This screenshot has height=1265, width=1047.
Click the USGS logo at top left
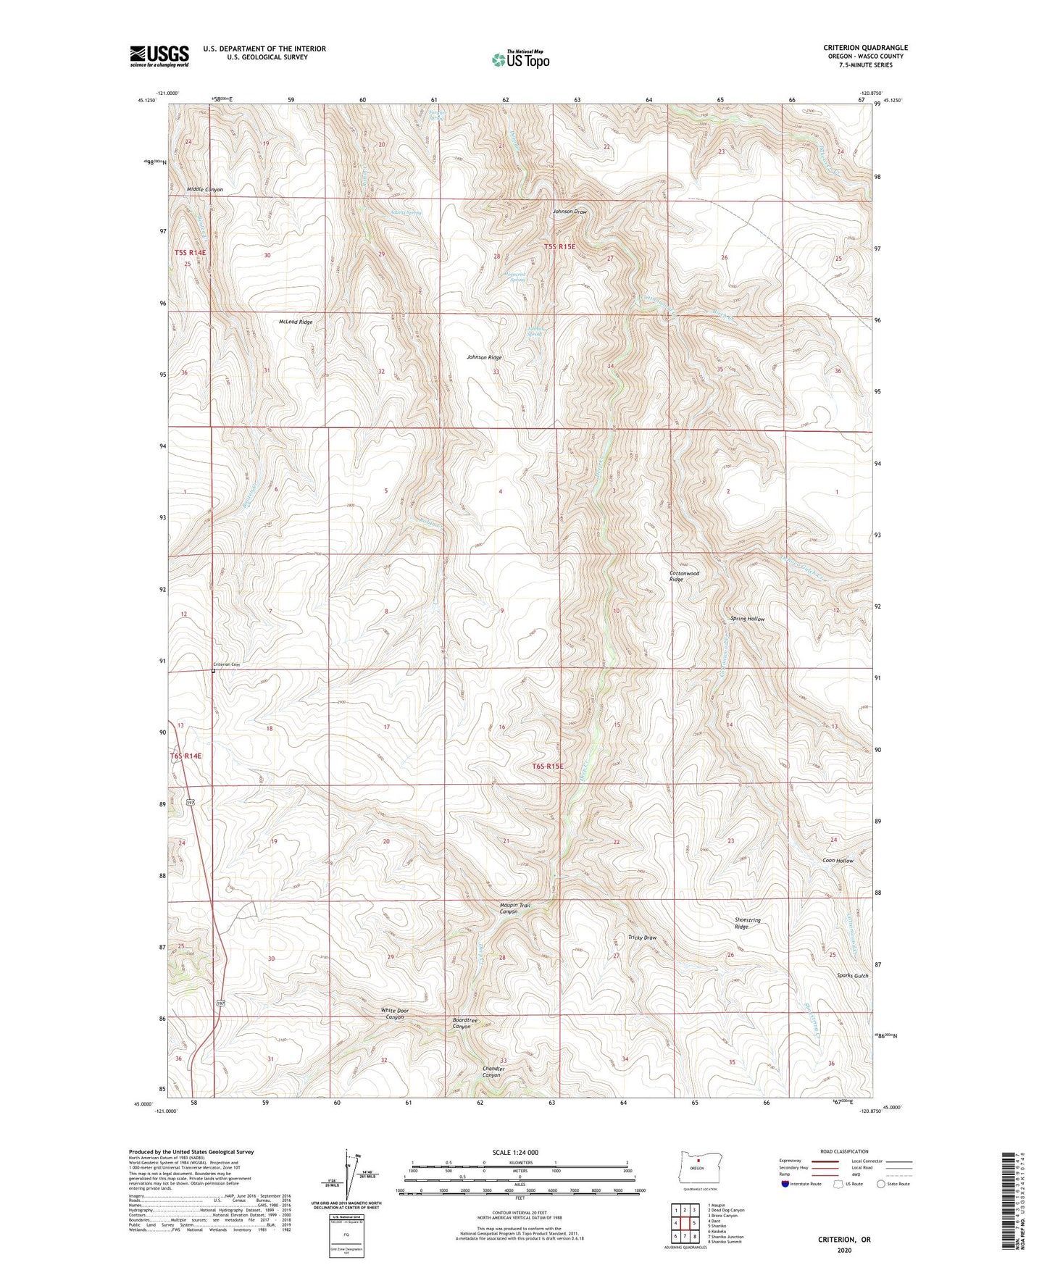pyautogui.click(x=159, y=55)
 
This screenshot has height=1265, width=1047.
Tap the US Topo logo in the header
pyautogui.click(x=520, y=59)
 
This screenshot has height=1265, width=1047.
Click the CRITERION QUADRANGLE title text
pyautogui.click(x=865, y=48)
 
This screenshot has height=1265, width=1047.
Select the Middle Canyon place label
pyautogui.click(x=205, y=190)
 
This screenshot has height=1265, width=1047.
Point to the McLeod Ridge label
pyautogui.click(x=296, y=322)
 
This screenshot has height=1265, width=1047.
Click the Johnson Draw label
pyautogui.click(x=570, y=212)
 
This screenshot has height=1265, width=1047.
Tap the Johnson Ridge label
pyautogui.click(x=484, y=357)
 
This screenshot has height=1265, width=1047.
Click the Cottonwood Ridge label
pyautogui.click(x=684, y=576)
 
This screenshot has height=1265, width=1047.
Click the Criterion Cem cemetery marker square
pyautogui.click(x=213, y=671)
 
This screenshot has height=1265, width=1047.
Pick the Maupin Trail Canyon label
pyautogui.click(x=514, y=909)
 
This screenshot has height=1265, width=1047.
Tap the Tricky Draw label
pyautogui.click(x=642, y=938)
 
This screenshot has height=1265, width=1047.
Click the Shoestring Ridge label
pyautogui.click(x=747, y=923)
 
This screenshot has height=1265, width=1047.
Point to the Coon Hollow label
pyautogui.click(x=838, y=861)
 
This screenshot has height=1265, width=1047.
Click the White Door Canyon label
pyautogui.click(x=395, y=1014)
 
